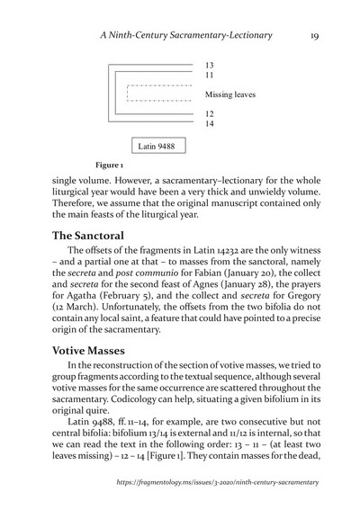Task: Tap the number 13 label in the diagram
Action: point(210,67)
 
